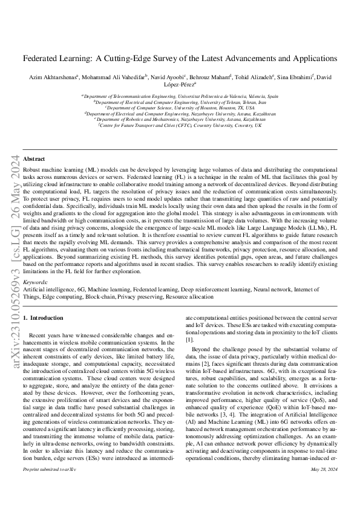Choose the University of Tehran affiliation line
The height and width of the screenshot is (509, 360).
pyautogui.click(x=180, y=102)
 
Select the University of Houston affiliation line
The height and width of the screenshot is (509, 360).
pyautogui.click(x=180, y=108)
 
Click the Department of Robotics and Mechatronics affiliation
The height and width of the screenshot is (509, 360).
pyautogui.click(x=180, y=119)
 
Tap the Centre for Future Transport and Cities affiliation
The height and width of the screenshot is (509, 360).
pyautogui.click(x=180, y=125)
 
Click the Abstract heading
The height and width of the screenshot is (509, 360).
pyautogui.click(x=34, y=158)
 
